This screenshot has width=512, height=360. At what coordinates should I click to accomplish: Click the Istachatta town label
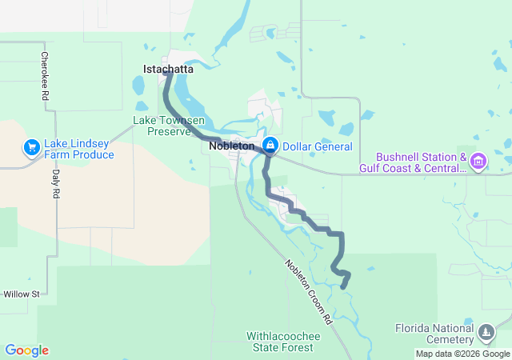click(x=168, y=70)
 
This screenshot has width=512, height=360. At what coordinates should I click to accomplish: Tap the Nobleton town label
click(x=231, y=146)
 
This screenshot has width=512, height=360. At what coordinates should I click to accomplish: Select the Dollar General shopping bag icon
click(x=271, y=145)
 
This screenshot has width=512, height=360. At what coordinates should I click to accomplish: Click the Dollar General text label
click(x=318, y=146)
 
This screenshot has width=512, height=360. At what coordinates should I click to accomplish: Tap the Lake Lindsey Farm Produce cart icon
click(x=31, y=147)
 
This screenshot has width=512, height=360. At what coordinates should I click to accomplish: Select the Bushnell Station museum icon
click(x=478, y=162)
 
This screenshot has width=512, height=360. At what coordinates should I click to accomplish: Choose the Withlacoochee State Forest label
click(x=283, y=342)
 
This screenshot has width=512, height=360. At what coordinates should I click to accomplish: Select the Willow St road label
click(x=21, y=294)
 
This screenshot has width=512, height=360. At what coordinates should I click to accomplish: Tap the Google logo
click(x=26, y=350)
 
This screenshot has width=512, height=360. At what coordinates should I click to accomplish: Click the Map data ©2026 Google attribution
click(x=462, y=354)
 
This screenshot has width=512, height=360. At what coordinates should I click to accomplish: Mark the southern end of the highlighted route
click(x=343, y=286)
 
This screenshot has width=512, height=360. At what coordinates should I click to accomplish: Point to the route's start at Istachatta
click(x=167, y=74)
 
